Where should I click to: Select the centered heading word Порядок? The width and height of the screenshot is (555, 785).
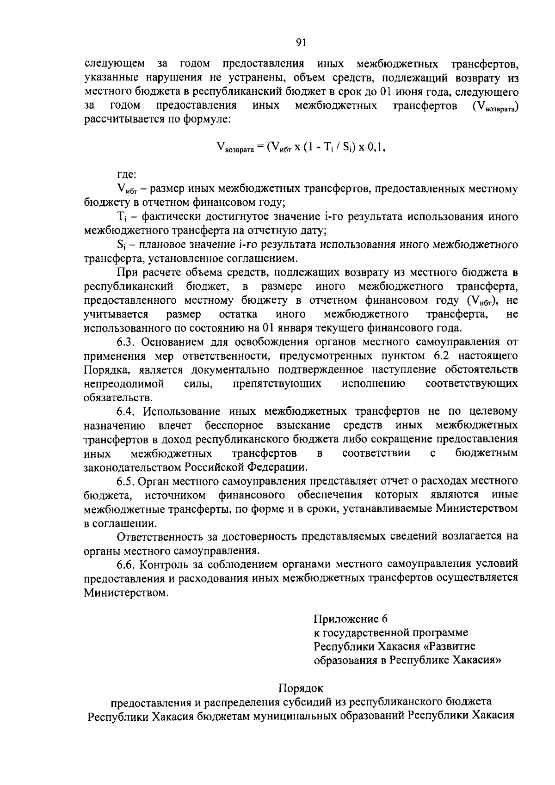pos(301,688)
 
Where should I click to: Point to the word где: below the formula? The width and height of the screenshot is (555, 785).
pos(126,175)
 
